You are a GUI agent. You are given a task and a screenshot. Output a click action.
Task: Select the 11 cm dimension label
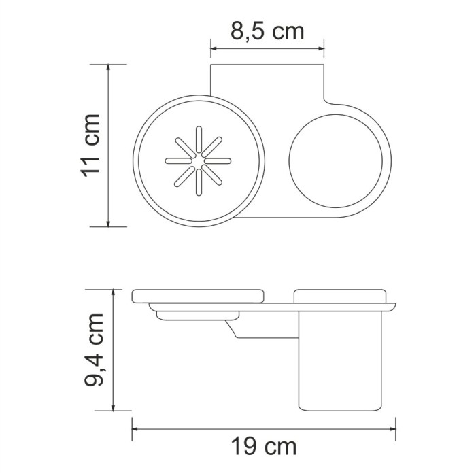(x=91, y=145)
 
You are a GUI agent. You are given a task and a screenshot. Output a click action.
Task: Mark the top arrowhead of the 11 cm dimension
(x=109, y=69)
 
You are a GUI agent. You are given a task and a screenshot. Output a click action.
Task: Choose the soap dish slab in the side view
(x=198, y=297)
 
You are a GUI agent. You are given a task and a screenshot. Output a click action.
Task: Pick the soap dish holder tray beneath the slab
(x=197, y=314)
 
